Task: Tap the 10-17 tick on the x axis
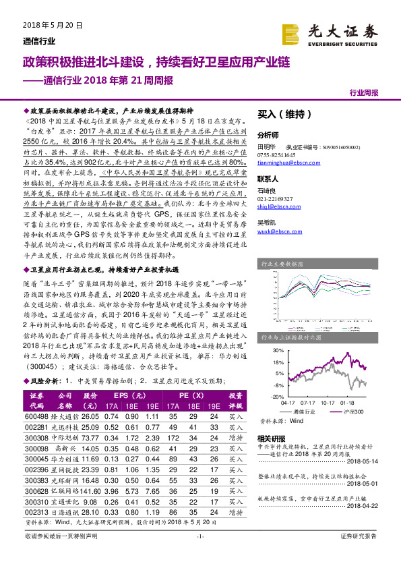click(328, 403)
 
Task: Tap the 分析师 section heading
click(269, 134)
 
